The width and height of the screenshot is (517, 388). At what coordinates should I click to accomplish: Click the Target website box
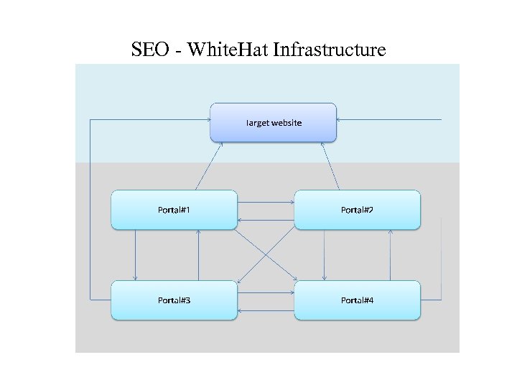273,122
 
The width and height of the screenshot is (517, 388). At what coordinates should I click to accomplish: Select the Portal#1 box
174,210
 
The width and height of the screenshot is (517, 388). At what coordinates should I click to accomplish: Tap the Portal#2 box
357,210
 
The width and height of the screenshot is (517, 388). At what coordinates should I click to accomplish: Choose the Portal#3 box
174,300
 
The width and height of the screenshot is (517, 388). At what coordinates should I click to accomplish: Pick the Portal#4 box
357,300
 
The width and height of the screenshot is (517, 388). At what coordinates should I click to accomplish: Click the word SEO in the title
150,50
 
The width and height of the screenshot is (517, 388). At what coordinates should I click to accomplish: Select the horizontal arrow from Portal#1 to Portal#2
266,202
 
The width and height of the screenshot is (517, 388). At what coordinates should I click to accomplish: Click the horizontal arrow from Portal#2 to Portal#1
266,220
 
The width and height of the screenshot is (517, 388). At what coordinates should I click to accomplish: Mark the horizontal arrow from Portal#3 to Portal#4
266,292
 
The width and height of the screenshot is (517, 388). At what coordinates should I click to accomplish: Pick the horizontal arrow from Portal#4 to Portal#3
266,310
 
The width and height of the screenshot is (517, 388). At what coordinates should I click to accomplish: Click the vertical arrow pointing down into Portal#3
135,255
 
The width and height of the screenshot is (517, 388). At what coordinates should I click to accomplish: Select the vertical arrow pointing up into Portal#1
199,255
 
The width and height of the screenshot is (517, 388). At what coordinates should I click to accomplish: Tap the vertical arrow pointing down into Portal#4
325,255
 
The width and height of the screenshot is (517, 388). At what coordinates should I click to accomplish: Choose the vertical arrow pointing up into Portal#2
390,255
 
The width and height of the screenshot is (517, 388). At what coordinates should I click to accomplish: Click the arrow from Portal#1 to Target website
209,166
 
